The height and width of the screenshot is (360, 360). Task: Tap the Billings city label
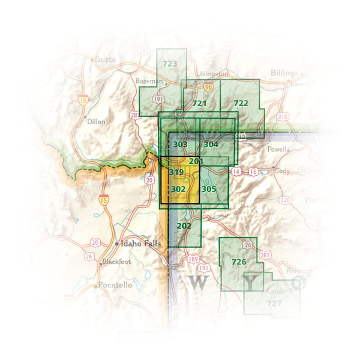pyautogui.click(x=284, y=73)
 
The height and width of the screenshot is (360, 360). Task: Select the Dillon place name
pyautogui.click(x=96, y=121)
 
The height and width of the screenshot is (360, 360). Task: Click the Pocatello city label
pyautogui.click(x=115, y=285)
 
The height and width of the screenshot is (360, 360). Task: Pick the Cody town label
pyautogui.click(x=281, y=170)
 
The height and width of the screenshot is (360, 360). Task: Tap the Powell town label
pyautogui.click(x=277, y=149)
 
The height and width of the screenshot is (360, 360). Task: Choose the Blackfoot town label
pyautogui.click(x=116, y=262)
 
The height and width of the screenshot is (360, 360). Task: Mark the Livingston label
pyautogui.click(x=212, y=73)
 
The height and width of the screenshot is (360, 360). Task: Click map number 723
pyautogui.click(x=170, y=64)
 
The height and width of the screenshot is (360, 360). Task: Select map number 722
pyautogui.click(x=241, y=103)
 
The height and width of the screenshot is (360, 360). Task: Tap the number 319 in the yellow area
pyautogui.click(x=176, y=172)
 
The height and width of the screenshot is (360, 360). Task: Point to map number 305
pyautogui.click(x=208, y=189)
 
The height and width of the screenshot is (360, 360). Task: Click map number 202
pyautogui.click(x=184, y=226)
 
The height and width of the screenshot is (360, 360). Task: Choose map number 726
pyautogui.click(x=239, y=262)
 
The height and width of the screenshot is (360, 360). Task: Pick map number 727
pyautogui.click(x=274, y=303)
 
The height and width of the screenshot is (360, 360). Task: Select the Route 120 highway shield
pyautogui.click(x=286, y=199)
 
